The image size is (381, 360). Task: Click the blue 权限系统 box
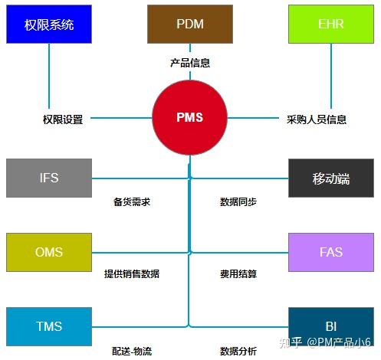(49, 25)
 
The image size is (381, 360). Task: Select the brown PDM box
(190, 24)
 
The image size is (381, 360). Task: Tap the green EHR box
(331, 24)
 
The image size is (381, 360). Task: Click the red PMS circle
(189, 118)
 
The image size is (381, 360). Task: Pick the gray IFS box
(49, 178)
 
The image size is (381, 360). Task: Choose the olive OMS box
(49, 252)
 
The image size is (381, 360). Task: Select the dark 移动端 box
(331, 178)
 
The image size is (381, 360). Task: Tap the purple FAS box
(331, 252)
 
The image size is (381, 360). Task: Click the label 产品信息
(190, 63)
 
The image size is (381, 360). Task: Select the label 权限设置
(63, 119)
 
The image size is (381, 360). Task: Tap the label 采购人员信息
(317, 119)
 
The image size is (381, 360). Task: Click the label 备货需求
(132, 202)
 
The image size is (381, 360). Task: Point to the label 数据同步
(238, 202)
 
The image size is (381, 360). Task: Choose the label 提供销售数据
(132, 273)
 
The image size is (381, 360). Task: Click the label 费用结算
(238, 273)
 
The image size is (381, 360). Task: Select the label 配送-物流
(132, 351)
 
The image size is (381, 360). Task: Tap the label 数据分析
(238, 351)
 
